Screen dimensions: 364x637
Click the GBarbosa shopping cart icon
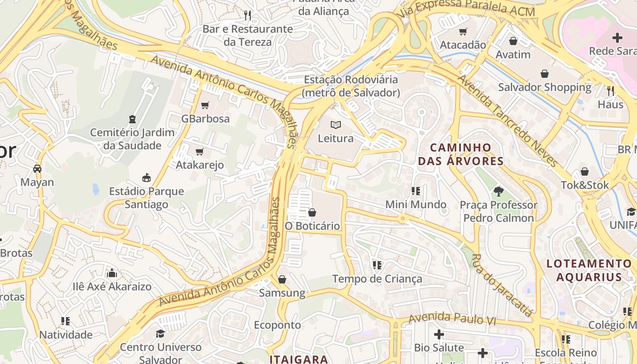pyautogui.click(x=205, y=106)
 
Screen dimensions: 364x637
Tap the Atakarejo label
pyautogui.click(x=200, y=165)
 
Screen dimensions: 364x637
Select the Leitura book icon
pyautogui.click(x=336, y=125)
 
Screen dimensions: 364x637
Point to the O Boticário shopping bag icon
pyautogui.click(x=312, y=212)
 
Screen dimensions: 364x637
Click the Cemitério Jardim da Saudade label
pyautogui.click(x=132, y=139)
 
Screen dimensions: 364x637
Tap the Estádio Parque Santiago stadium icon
pyautogui.click(x=147, y=178)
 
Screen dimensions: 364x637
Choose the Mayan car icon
pyautogui.click(x=37, y=169)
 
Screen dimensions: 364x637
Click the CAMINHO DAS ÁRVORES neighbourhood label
pyautogui.click(x=461, y=154)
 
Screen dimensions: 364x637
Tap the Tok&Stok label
pyautogui.click(x=585, y=185)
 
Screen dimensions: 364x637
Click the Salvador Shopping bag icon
pyautogui.click(x=545, y=74)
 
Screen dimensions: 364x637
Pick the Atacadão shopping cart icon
pyautogui.click(x=463, y=32)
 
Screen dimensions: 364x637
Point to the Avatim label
pyautogui.click(x=513, y=55)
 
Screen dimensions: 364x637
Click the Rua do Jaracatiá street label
pyautogui.click(x=502, y=285)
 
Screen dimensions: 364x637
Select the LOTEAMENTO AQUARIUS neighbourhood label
pyautogui.click(x=589, y=270)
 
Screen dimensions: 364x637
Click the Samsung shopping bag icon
pyautogui.click(x=282, y=279)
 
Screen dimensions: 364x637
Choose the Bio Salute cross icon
pyautogui.click(x=439, y=335)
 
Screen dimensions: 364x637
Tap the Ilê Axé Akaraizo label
pyautogui.click(x=112, y=287)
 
